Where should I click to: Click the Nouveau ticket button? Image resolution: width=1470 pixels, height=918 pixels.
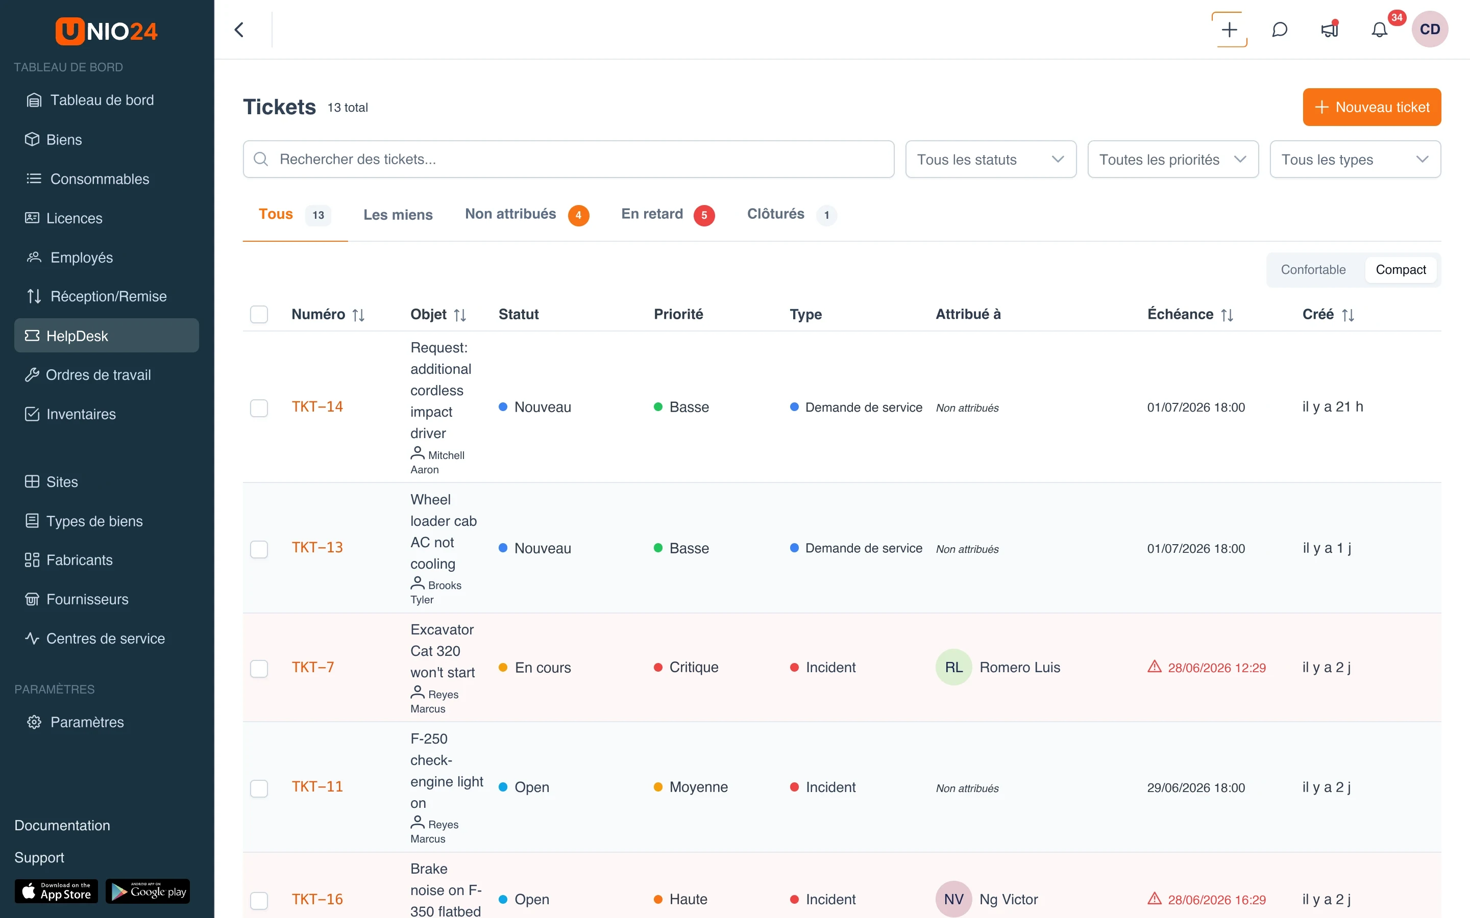pyautogui.click(x=1371, y=107)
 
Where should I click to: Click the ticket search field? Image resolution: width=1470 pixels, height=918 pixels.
pyautogui.click(x=568, y=159)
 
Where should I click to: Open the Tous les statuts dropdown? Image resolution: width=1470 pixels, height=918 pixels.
pyautogui.click(x=990, y=159)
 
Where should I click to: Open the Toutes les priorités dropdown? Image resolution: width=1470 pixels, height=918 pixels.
pyautogui.click(x=1172, y=159)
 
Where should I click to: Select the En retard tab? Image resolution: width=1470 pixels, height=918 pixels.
pyautogui.click(x=667, y=214)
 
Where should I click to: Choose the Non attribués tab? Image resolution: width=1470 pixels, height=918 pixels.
pyautogui.click(x=526, y=214)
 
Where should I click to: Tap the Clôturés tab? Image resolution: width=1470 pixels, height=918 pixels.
pyautogui.click(x=791, y=214)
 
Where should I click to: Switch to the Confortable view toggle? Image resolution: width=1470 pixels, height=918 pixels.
pyautogui.click(x=1313, y=270)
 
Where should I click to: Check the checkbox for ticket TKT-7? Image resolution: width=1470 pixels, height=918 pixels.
pyautogui.click(x=259, y=668)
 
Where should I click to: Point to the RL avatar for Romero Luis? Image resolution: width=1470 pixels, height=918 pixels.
pyautogui.click(x=953, y=667)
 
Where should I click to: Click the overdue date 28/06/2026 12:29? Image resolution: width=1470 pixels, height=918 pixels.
pyautogui.click(x=1216, y=667)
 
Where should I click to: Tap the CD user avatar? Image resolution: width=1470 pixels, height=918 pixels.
pyautogui.click(x=1429, y=29)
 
